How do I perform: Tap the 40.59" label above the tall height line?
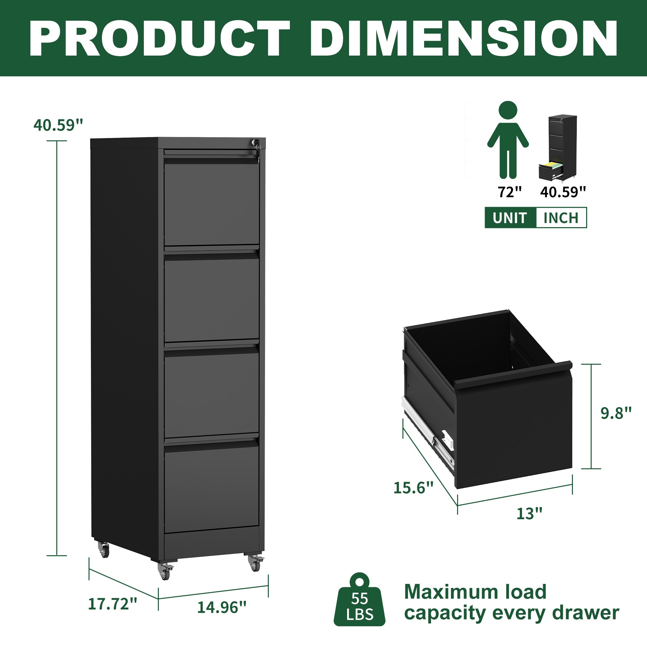pos(58,125)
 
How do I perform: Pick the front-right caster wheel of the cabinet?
pos(255,564)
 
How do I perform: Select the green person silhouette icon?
pos(508,140)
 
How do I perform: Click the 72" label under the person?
pos(510,192)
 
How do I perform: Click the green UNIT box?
pos(510,218)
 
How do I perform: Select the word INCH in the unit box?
pos(561,218)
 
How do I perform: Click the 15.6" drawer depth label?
pos(413,488)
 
